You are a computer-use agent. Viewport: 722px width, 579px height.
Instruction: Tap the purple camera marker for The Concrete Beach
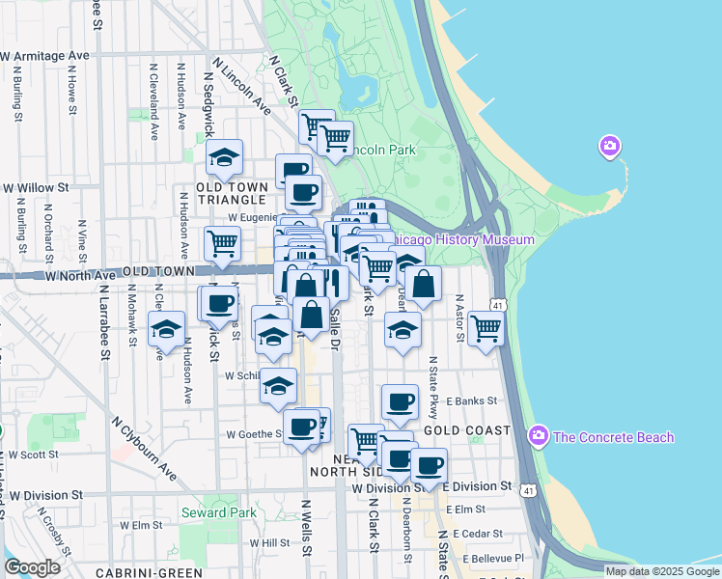(539, 437)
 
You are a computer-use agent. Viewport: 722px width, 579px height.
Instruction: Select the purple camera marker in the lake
(609, 147)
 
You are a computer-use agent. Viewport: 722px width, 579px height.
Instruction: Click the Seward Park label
(219, 512)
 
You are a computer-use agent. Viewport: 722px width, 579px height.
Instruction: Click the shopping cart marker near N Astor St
(486, 327)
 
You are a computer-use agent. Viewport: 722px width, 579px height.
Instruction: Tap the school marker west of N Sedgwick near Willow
(224, 156)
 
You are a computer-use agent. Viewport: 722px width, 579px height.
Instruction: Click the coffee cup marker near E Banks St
(400, 400)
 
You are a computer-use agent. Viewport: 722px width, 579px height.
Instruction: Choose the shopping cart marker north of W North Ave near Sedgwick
(222, 243)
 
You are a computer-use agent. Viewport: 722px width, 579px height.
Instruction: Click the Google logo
(32, 567)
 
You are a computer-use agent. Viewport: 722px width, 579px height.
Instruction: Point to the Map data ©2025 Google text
(661, 571)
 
